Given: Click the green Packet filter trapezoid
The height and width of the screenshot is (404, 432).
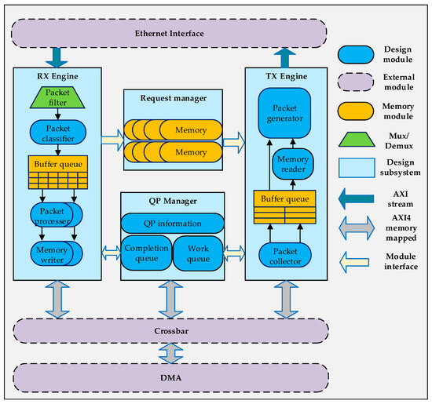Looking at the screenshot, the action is pos(57,97).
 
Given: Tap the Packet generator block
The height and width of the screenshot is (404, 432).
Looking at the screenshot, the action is pos(284,113).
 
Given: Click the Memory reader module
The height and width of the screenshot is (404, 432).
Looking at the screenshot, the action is pos(293,164).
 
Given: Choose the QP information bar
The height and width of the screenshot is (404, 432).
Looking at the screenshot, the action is pos(173,224).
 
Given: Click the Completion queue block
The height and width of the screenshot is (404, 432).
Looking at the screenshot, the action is pos(146,253).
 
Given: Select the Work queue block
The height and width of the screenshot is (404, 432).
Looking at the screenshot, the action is pos(198,253).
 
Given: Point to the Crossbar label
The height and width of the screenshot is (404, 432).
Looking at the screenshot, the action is pos(171,331).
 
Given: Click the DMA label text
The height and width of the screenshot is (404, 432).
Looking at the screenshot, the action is pos(170,377).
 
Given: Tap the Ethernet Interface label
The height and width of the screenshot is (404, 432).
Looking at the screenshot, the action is pos(170,33).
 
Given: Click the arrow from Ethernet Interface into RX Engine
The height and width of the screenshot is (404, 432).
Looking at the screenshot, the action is pos(57,57).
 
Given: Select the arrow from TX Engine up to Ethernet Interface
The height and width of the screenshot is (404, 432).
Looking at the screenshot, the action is pos(285,58).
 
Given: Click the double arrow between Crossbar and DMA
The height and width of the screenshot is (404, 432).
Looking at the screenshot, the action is pos(170,353).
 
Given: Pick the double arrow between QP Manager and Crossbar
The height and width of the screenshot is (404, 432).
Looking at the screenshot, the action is pos(170,300).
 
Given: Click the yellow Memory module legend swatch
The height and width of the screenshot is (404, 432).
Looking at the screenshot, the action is pos(356,111).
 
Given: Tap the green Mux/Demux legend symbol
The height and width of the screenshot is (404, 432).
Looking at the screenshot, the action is pos(357,140).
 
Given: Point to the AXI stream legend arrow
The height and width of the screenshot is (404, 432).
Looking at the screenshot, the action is pos(356,198).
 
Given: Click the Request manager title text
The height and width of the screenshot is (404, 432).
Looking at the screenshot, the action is pos(174,98).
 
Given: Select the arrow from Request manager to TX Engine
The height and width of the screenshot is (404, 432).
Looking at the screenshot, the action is pos(234,143).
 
